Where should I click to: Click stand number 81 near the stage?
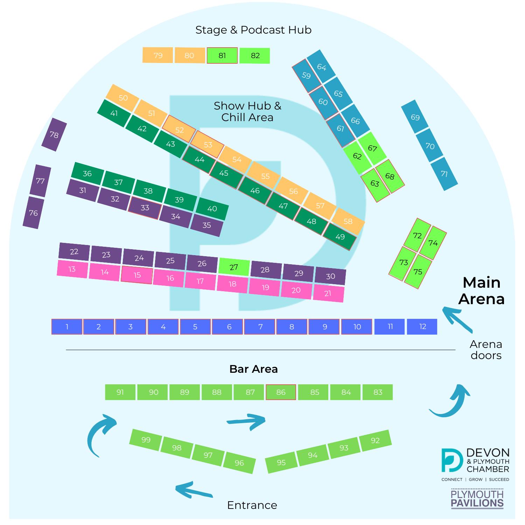click(x=222, y=56)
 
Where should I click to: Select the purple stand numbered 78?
click(x=54, y=135)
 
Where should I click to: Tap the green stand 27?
click(x=234, y=267)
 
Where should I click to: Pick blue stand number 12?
click(x=422, y=327)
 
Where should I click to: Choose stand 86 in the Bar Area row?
click(x=281, y=392)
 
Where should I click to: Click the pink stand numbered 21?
click(x=328, y=293)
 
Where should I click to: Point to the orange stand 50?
click(x=123, y=98)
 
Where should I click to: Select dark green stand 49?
click(x=340, y=237)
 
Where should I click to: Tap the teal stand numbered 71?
click(x=444, y=174)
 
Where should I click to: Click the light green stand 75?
click(x=418, y=272)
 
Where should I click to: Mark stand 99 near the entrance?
click(x=146, y=440)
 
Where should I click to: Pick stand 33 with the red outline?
click(x=145, y=208)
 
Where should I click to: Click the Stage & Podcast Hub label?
click(x=253, y=30)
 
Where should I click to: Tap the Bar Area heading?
click(x=253, y=369)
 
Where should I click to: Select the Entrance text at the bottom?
click(x=252, y=505)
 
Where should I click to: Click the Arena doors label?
click(x=486, y=350)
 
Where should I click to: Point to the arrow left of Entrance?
click(x=194, y=489)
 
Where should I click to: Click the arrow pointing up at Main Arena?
click(x=457, y=319)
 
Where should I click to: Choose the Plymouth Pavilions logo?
click(x=477, y=499)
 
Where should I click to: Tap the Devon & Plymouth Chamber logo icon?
click(x=452, y=460)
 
